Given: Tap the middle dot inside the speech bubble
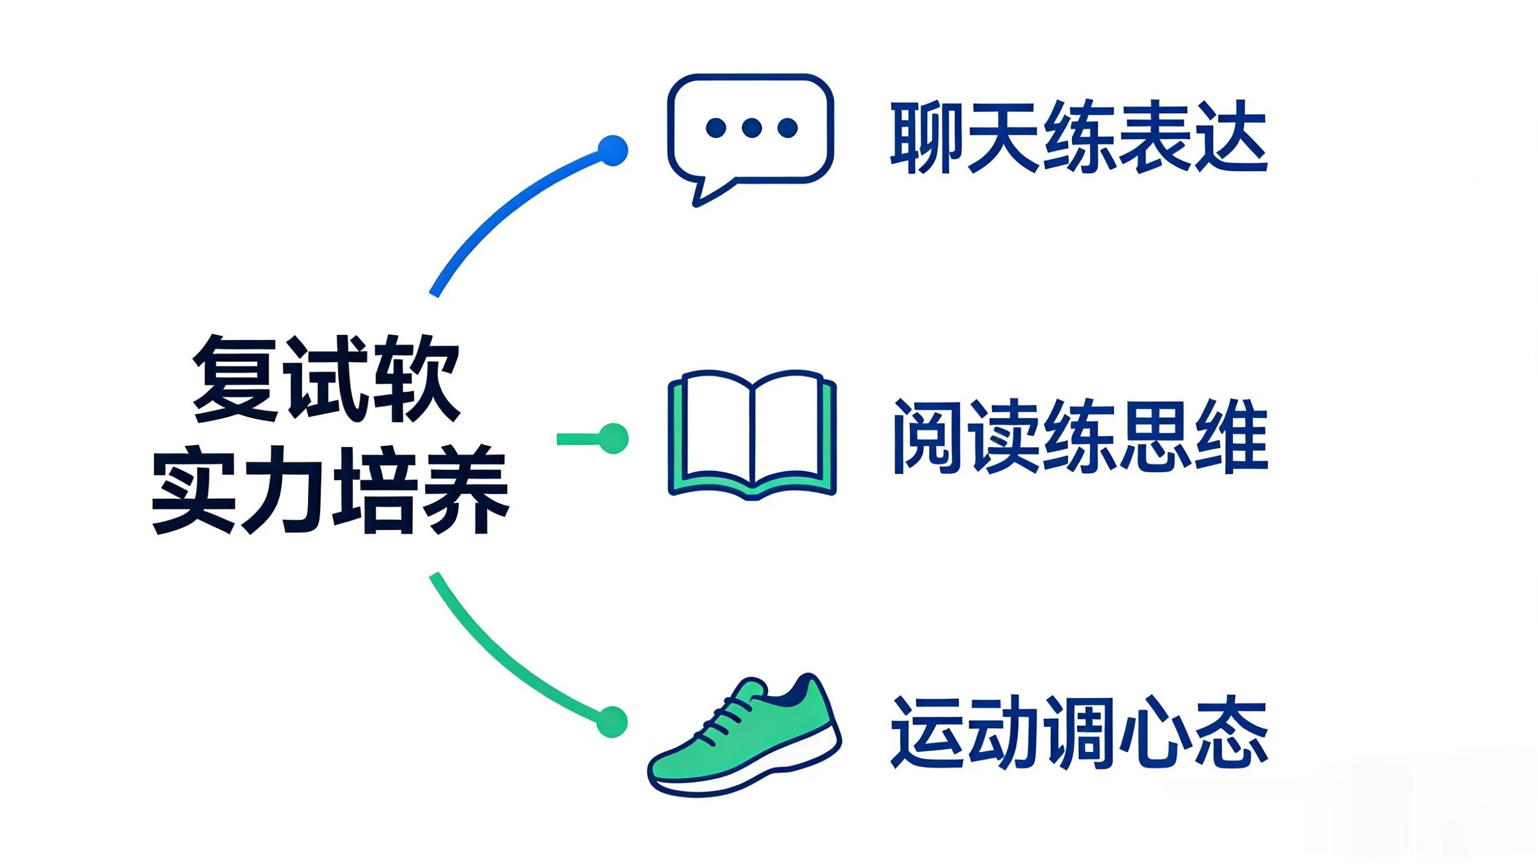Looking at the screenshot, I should [751, 127].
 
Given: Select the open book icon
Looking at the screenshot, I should [752, 435].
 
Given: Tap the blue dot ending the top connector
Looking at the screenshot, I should [612, 150].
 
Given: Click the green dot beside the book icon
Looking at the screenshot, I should [613, 438].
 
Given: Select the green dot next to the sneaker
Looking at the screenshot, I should [612, 722].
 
